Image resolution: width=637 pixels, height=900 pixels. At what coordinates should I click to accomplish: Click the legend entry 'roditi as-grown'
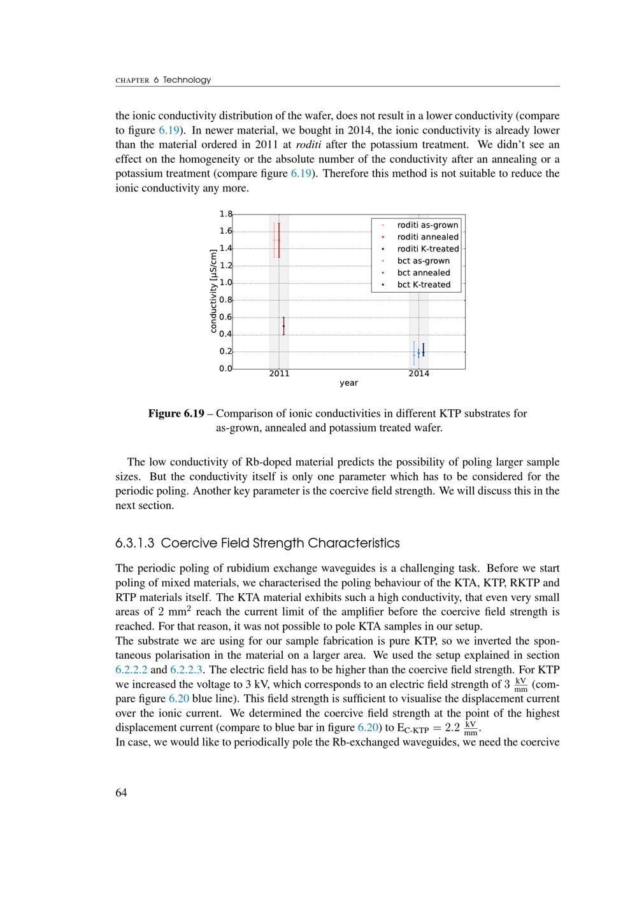click(x=427, y=225)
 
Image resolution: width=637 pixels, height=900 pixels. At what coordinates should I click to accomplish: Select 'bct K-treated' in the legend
click(x=424, y=285)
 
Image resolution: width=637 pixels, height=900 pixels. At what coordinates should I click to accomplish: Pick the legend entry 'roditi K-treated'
click(x=428, y=249)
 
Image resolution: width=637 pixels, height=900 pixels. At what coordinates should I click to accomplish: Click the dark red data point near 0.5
click(x=283, y=326)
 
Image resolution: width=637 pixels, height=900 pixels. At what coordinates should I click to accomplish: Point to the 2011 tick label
click(x=279, y=374)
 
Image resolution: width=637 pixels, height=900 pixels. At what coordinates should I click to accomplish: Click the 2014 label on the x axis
click(x=419, y=374)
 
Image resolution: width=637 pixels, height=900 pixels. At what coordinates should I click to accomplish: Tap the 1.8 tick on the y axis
click(x=225, y=214)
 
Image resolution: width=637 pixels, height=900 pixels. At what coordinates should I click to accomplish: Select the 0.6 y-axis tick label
click(x=225, y=317)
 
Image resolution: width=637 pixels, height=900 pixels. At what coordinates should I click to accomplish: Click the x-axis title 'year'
click(x=348, y=383)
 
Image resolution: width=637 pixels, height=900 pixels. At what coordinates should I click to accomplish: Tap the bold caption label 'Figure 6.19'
click(x=176, y=414)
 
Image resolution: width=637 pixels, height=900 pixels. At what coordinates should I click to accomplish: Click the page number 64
click(x=121, y=792)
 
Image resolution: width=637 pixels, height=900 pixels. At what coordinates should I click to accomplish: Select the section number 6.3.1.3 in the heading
click(x=135, y=544)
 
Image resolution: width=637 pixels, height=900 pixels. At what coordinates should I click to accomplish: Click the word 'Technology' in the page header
click(x=187, y=80)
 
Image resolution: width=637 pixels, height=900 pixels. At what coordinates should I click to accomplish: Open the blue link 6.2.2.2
click(x=131, y=670)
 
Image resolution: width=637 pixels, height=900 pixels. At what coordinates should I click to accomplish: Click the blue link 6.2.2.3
click(x=186, y=670)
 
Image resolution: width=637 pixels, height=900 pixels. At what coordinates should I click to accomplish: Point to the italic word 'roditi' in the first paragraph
click(x=308, y=144)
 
